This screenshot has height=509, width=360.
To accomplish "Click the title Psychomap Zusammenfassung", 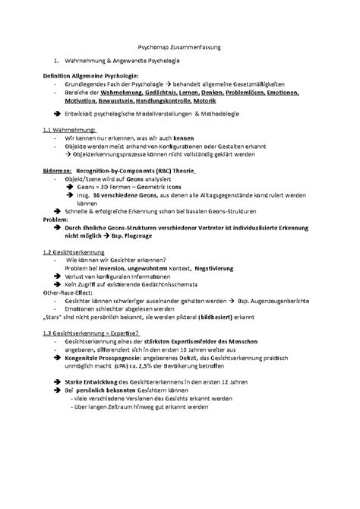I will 180,46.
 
